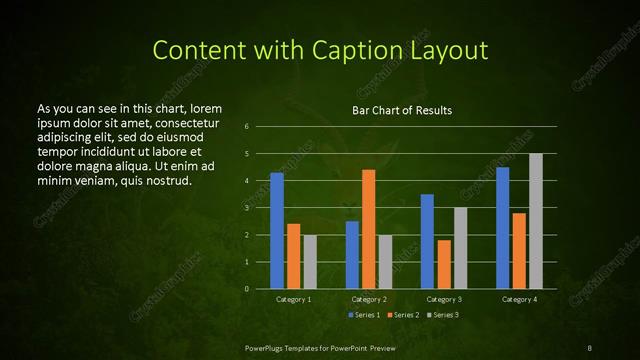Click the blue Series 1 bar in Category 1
point(277,231)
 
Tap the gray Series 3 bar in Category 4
point(536,221)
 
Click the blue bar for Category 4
point(502,228)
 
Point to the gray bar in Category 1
point(310,262)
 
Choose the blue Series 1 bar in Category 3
point(427,241)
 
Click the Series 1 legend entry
point(363,315)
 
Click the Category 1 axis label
point(293,299)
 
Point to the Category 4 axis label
point(519,299)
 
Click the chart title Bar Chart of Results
point(402,109)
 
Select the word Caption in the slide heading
point(370,50)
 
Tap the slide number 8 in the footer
point(590,347)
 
